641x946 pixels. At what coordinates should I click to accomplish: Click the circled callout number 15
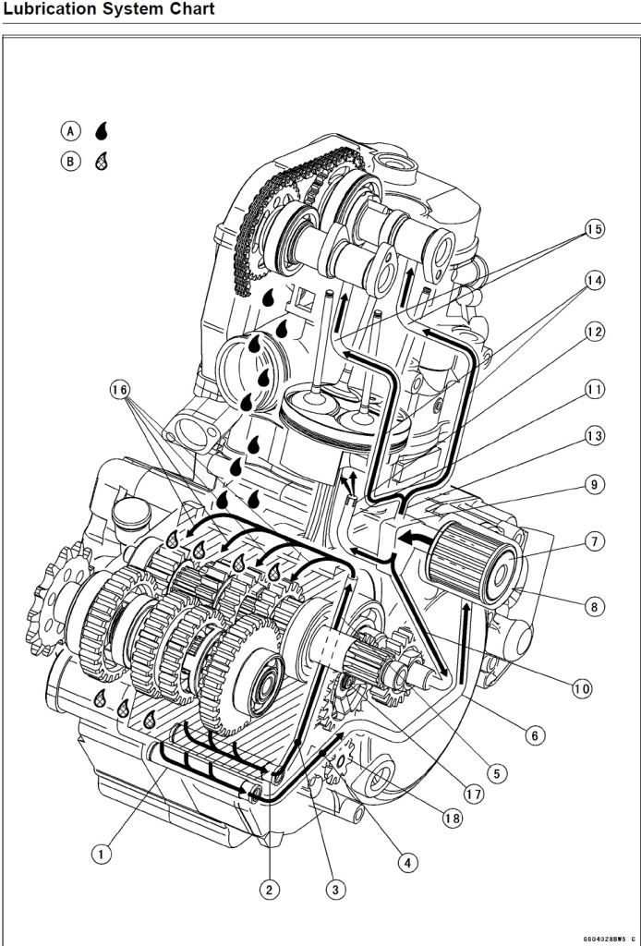(x=594, y=229)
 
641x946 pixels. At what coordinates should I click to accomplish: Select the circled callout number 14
(x=594, y=279)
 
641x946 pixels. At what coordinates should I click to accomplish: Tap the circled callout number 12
(x=594, y=331)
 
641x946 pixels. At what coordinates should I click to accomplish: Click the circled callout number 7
(x=594, y=540)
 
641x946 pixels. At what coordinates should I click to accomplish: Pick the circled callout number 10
(x=581, y=688)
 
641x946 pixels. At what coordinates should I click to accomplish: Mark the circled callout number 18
(x=452, y=819)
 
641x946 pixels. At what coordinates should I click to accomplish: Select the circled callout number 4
(x=405, y=863)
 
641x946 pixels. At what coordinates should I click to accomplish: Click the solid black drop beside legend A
(x=101, y=130)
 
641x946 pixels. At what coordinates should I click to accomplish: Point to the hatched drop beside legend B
(x=101, y=162)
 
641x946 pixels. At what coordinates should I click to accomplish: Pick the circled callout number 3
(x=335, y=890)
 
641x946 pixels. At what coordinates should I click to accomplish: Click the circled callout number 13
(x=594, y=435)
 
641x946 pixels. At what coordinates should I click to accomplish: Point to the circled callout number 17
(x=475, y=794)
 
